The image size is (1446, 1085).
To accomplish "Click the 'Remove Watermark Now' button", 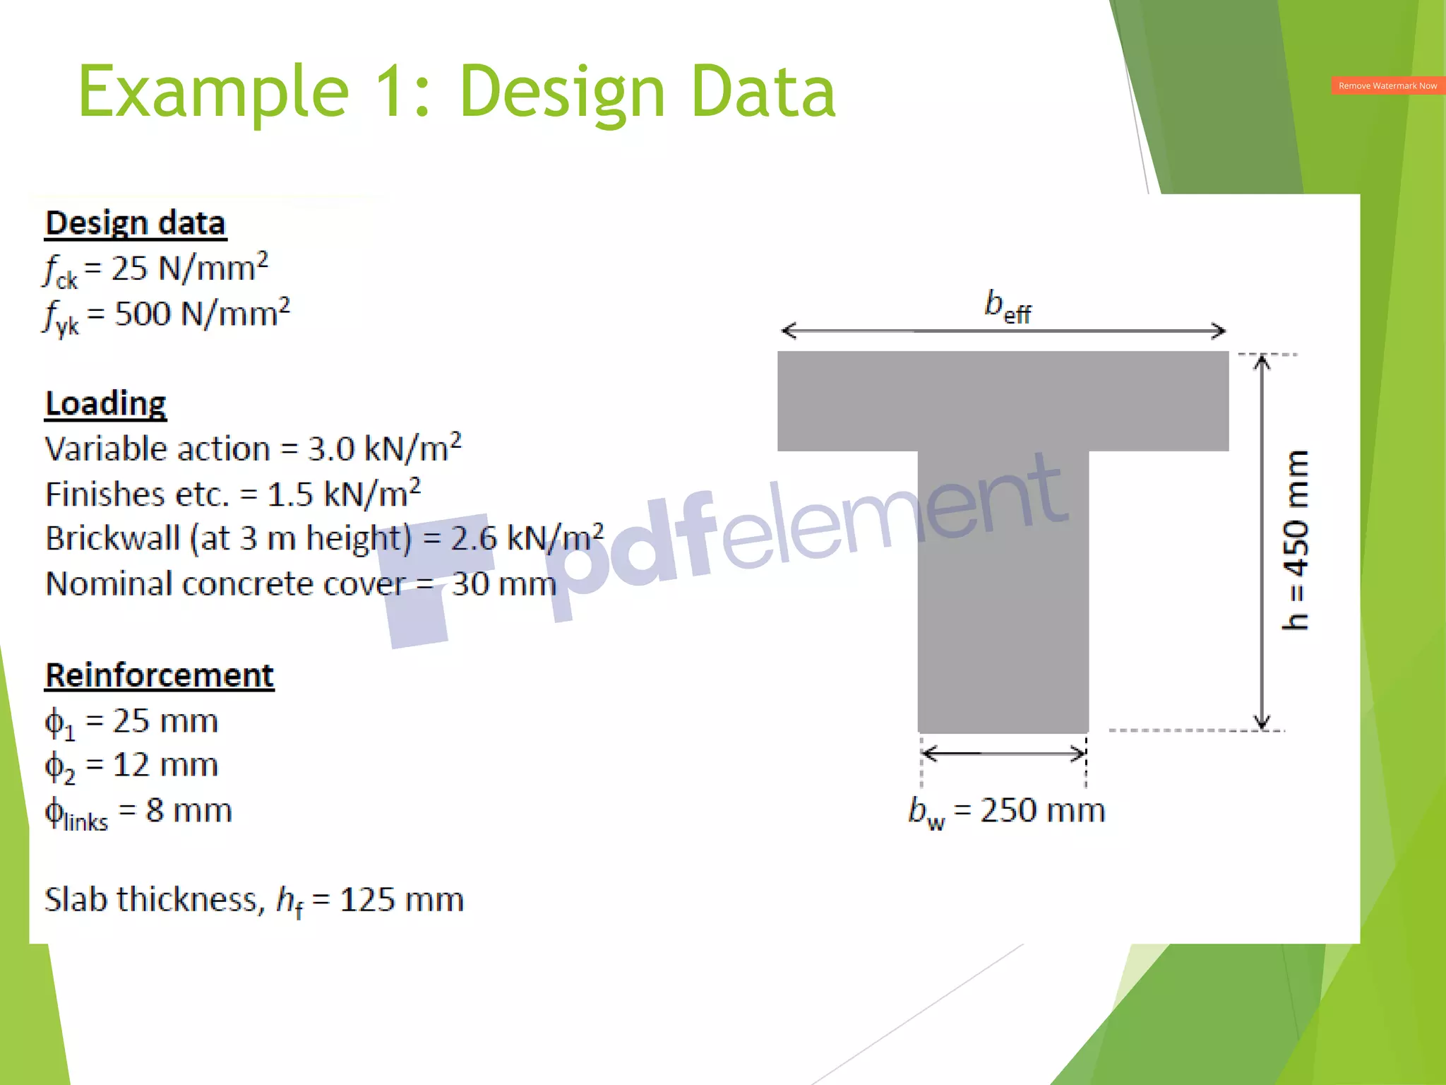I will tap(1387, 85).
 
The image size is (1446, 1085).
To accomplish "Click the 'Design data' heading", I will tap(136, 223).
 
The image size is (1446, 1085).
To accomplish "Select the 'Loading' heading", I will tap(106, 403).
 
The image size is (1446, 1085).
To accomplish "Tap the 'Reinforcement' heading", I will tap(160, 675).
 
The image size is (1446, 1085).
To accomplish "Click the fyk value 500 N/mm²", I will tap(202, 314).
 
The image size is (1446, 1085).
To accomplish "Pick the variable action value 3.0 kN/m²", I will tap(385, 449).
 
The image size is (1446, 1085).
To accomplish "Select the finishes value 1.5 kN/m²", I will tap(344, 494).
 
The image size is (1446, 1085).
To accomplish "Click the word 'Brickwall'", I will tap(113, 538).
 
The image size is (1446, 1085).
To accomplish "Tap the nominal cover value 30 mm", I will tap(504, 584).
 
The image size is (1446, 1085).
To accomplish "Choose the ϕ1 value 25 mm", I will tap(166, 721).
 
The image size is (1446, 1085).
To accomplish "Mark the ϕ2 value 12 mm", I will tap(166, 765).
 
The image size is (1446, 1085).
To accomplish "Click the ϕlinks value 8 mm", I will tap(189, 810).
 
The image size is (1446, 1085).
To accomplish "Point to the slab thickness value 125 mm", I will tap(402, 900).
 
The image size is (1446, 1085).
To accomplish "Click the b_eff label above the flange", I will tap(1008, 307).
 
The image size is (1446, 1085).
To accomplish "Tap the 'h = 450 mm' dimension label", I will tap(1296, 540).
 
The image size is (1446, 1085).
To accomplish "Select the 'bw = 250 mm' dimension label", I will tap(1007, 811).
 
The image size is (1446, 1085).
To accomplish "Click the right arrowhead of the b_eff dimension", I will tap(1219, 331).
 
